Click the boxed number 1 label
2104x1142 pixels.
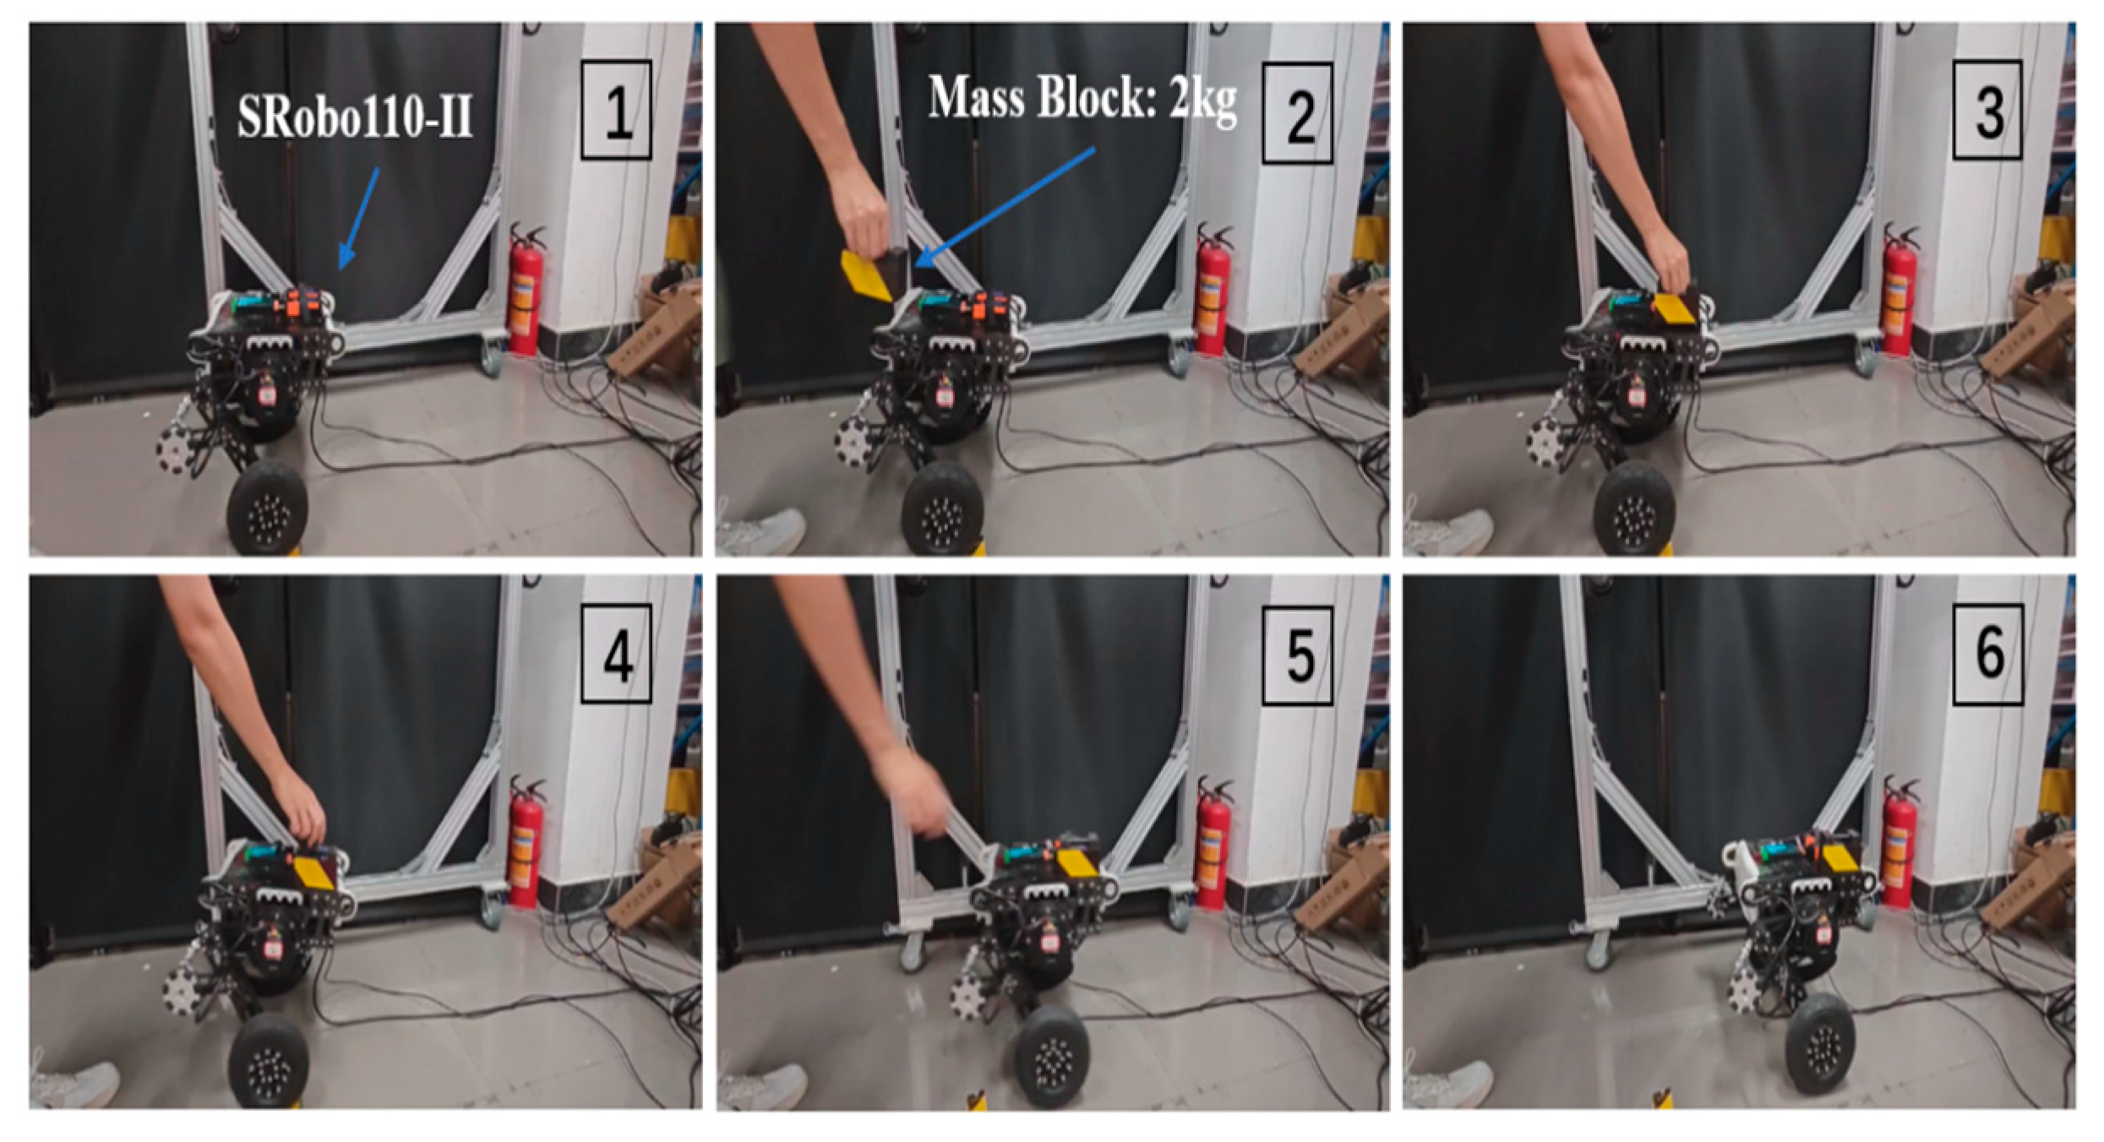click(616, 110)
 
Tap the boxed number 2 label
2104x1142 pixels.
click(1297, 113)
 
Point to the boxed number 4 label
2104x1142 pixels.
click(616, 653)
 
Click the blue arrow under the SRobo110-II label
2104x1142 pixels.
click(359, 218)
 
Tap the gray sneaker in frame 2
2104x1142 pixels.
click(760, 531)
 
